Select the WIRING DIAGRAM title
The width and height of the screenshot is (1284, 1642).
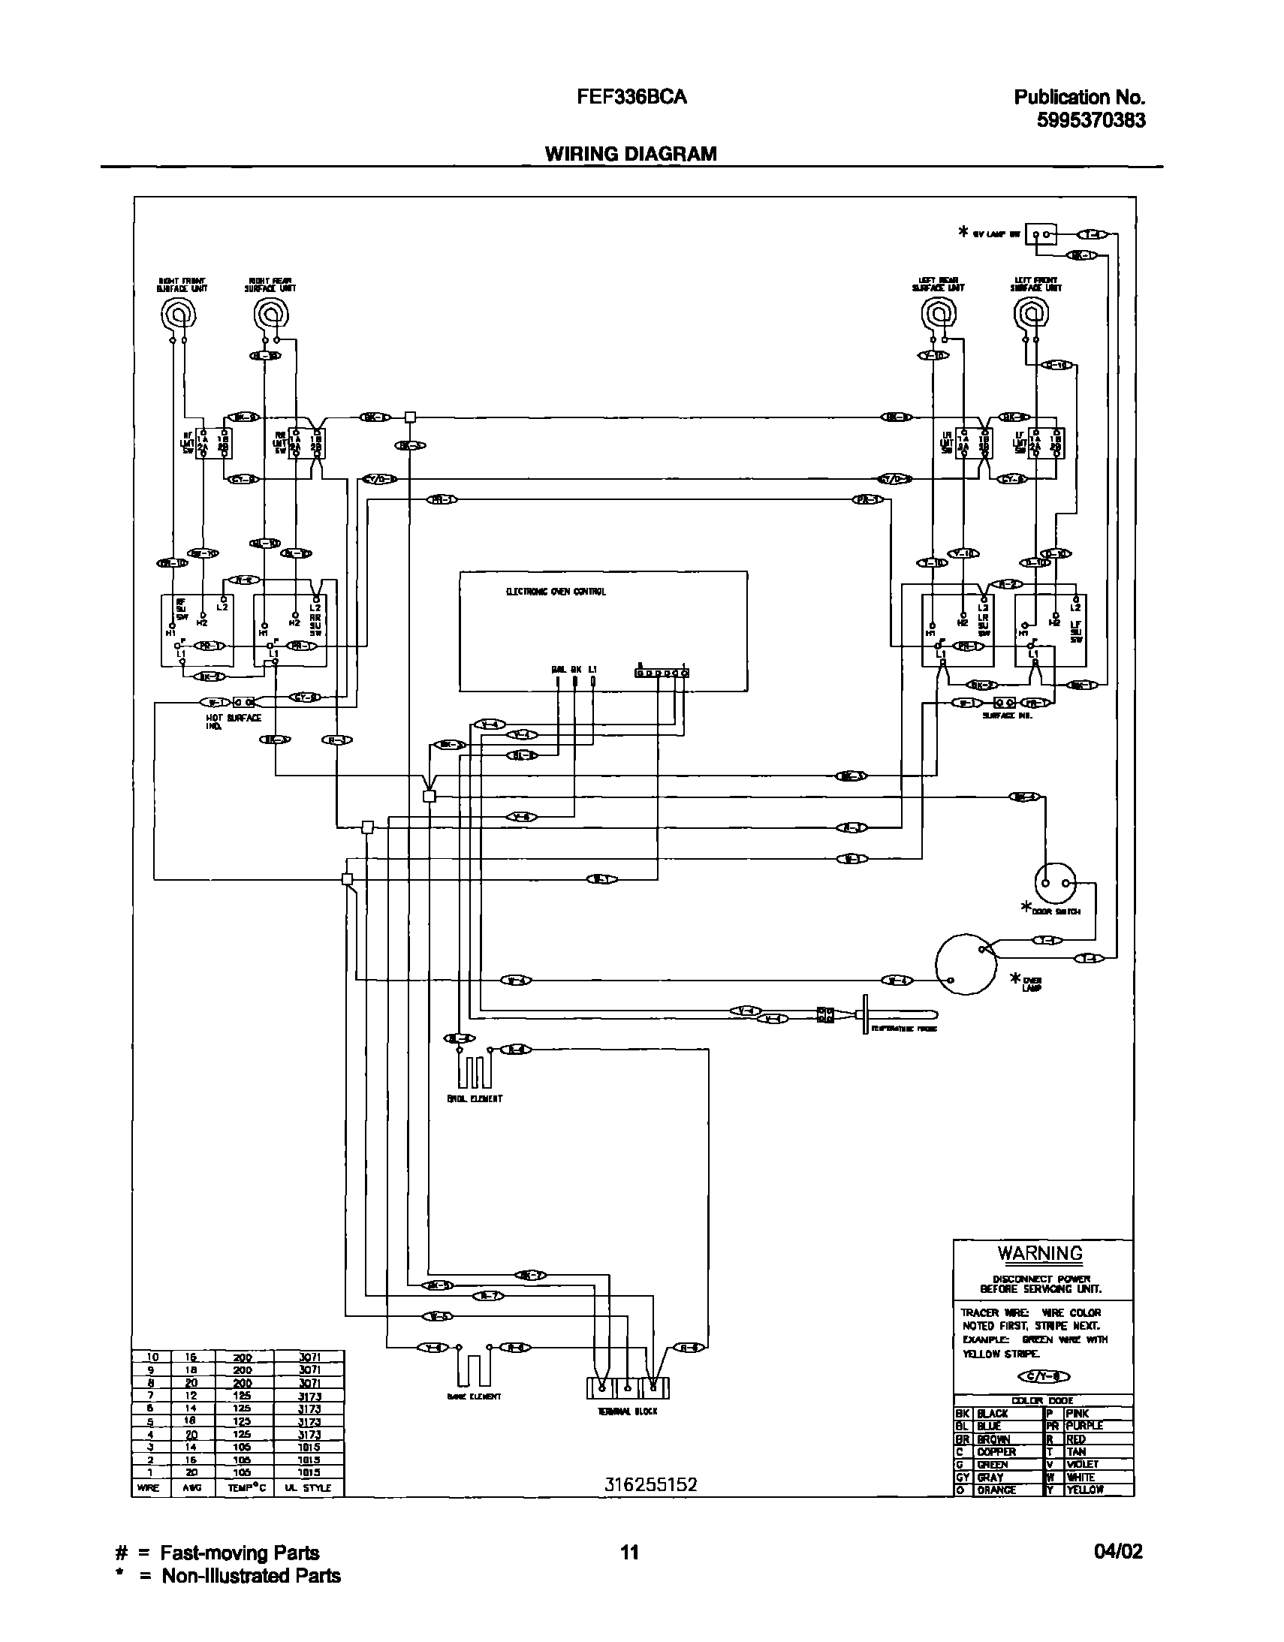pos(630,154)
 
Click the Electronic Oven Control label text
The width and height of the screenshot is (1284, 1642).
pos(556,592)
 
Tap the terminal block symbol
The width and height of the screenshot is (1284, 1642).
pos(627,1387)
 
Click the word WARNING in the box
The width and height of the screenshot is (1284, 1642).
pos(1040,1253)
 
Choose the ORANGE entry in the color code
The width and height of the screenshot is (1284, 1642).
pos(996,1490)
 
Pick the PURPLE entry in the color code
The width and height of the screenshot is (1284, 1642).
pos(1084,1426)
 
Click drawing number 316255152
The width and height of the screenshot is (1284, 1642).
pos(651,1484)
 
